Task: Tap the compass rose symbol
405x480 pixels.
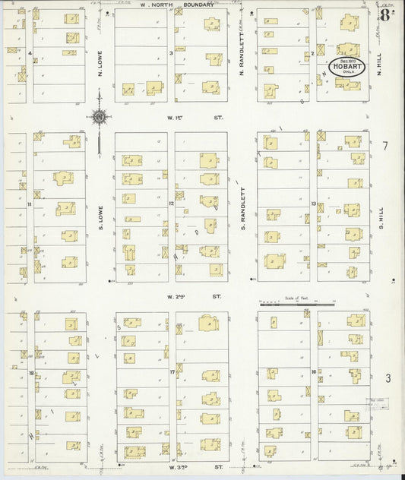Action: click(99, 117)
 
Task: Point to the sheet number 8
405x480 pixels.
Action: click(386, 16)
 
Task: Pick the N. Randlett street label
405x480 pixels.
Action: click(242, 55)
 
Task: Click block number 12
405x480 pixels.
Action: click(172, 204)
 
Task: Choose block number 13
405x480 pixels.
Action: click(313, 204)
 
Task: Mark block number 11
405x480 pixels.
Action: click(30, 204)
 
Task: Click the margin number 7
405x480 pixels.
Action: click(385, 146)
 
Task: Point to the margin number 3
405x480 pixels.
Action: click(388, 377)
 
